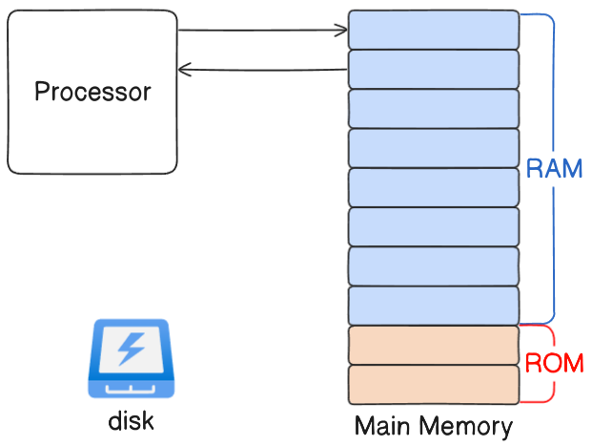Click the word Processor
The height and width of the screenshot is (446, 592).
(92, 92)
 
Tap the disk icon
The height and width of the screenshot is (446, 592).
(132, 358)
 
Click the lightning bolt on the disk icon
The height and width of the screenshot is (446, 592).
(131, 349)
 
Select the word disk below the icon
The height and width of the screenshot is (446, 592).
(131, 421)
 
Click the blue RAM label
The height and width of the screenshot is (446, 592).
(554, 168)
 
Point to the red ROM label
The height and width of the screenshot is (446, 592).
(554, 363)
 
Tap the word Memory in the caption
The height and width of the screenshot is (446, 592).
(466, 428)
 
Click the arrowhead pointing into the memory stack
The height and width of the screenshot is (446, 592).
(341, 31)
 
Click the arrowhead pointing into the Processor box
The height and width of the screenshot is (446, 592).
(184, 70)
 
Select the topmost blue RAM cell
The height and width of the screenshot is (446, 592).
(434, 30)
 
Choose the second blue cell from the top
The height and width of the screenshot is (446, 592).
(434, 70)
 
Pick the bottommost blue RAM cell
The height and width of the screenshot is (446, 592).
(434, 306)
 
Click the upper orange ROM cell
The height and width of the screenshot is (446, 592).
(434, 345)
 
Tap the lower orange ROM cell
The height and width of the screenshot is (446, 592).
(434, 384)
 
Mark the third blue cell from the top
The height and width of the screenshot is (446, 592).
(434, 109)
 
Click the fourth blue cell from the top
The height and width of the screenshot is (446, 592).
(434, 148)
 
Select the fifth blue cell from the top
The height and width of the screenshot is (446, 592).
(434, 187)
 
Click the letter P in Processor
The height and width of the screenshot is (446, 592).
(41, 91)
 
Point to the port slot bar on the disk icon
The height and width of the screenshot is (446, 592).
(131, 390)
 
